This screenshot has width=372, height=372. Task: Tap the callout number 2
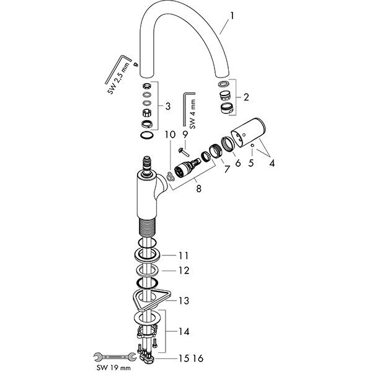[246, 97]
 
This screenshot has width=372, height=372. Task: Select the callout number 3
[167, 106]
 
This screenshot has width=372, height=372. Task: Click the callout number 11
[183, 255]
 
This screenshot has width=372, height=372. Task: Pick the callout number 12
[183, 271]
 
